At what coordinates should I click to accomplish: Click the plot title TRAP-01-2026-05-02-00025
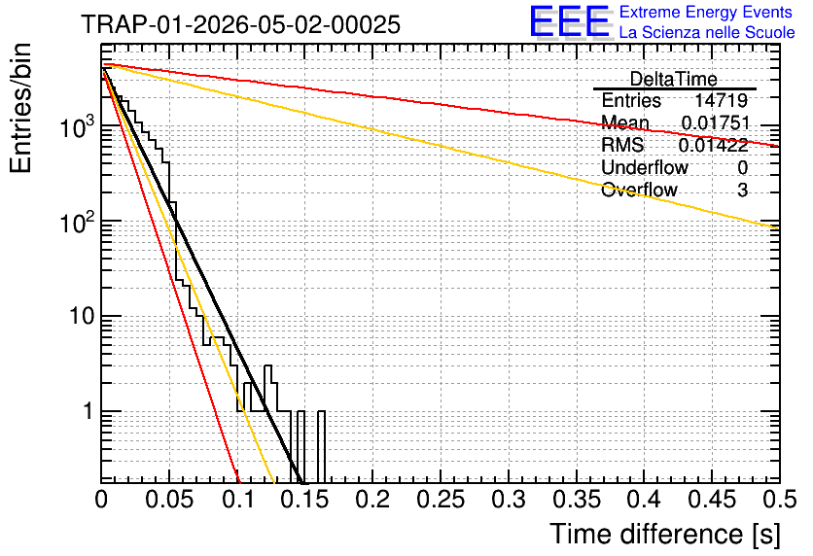[240, 24]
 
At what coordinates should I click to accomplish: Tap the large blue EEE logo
[570, 21]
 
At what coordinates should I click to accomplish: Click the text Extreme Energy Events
[706, 12]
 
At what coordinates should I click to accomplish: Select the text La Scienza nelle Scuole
[707, 32]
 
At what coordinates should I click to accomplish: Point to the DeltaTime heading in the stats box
[673, 79]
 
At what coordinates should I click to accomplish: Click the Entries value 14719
[721, 100]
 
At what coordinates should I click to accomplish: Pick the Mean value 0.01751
[716, 122]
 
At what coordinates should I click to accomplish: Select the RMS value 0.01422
[714, 145]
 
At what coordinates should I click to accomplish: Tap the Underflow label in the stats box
[645, 167]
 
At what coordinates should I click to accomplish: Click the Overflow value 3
[742, 191]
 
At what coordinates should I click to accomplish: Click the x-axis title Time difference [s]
[665, 535]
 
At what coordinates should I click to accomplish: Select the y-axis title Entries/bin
[20, 108]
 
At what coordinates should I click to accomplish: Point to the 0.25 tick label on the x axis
[441, 500]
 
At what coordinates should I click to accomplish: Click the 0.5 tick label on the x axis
[780, 500]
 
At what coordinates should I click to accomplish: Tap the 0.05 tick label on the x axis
[169, 500]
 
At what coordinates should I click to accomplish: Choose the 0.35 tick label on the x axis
[577, 500]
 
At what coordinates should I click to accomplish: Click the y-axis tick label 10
[83, 316]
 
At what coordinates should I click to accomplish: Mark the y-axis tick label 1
[88, 411]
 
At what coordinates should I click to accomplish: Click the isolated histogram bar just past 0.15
[321, 447]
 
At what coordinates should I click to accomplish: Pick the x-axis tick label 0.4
[645, 500]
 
